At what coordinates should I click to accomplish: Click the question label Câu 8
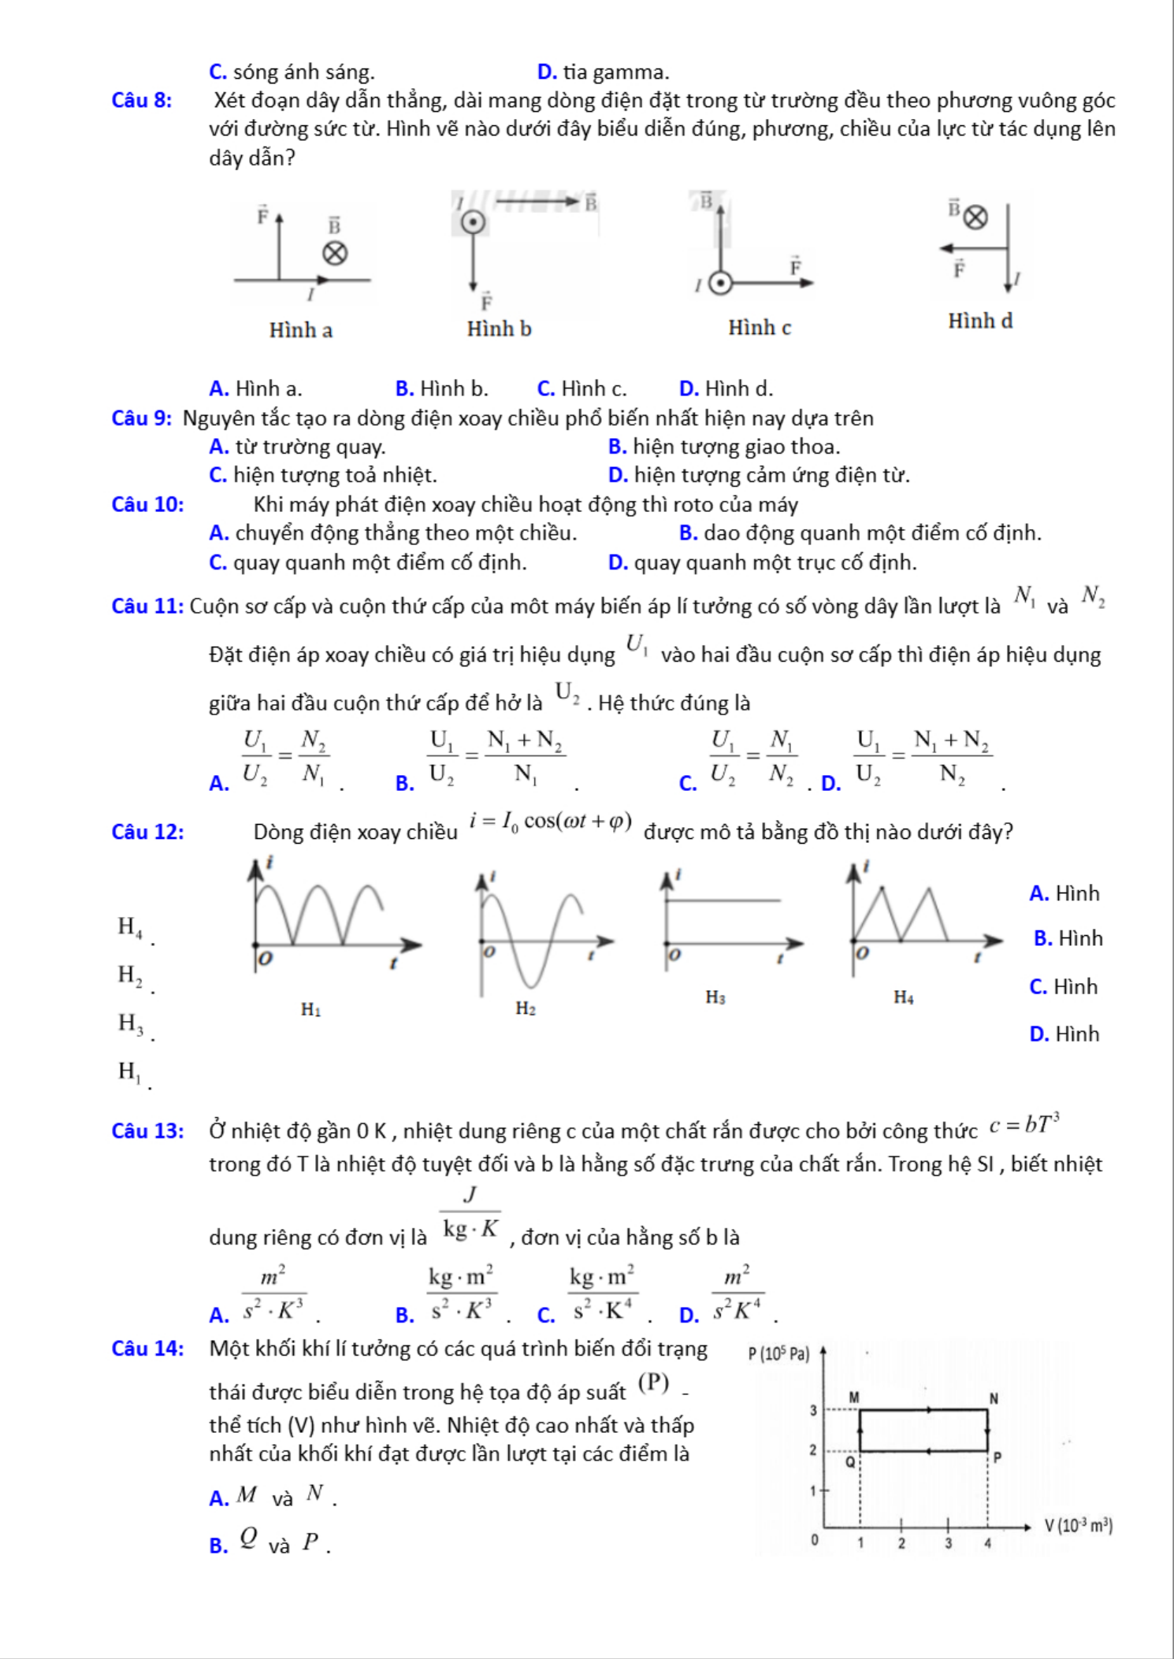click(142, 101)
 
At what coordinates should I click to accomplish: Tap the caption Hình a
click(301, 330)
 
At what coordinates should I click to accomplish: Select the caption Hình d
click(980, 321)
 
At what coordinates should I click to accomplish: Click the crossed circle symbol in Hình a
click(336, 254)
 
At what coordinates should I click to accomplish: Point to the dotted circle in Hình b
click(473, 222)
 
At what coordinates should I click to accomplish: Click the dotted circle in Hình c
click(720, 283)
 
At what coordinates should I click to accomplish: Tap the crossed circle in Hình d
click(975, 217)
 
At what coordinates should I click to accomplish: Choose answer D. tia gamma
click(603, 72)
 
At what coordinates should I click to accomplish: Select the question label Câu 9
click(142, 418)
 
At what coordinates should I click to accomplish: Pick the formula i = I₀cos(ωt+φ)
click(551, 822)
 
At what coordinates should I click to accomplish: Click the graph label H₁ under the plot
click(310, 1009)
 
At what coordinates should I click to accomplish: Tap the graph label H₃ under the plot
click(715, 998)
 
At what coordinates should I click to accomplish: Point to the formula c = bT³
click(1024, 1124)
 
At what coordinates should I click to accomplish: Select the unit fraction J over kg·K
click(470, 1213)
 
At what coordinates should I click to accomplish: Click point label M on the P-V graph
click(853, 1397)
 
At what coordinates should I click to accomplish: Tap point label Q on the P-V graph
click(850, 1462)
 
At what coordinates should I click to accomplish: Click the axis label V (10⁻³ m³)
click(1078, 1526)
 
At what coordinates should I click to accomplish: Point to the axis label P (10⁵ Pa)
click(778, 1354)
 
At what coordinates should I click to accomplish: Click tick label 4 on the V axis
click(987, 1544)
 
